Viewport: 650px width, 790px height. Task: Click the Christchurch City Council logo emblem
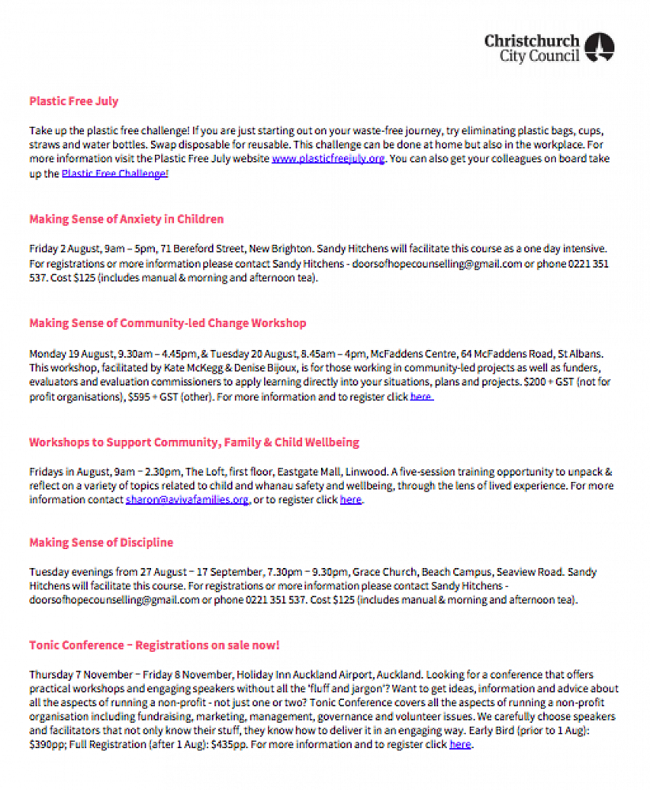[599, 47]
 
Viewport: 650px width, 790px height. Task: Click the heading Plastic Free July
[74, 101]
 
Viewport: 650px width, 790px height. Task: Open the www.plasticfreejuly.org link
[328, 159]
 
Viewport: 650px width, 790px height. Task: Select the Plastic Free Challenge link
[114, 173]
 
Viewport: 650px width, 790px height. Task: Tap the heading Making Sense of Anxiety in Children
[127, 219]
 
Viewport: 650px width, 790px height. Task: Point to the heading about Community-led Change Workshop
[168, 323]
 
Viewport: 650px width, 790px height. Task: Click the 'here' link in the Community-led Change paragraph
[421, 397]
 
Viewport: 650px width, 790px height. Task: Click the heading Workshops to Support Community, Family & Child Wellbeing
[195, 442]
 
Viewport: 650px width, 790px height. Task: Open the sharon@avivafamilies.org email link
[187, 499]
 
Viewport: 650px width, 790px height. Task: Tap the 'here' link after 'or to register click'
[350, 499]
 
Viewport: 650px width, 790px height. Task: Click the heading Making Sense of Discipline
[101, 543]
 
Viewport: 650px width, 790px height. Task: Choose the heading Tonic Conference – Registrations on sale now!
[154, 645]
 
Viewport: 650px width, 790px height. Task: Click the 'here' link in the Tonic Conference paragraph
[460, 744]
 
